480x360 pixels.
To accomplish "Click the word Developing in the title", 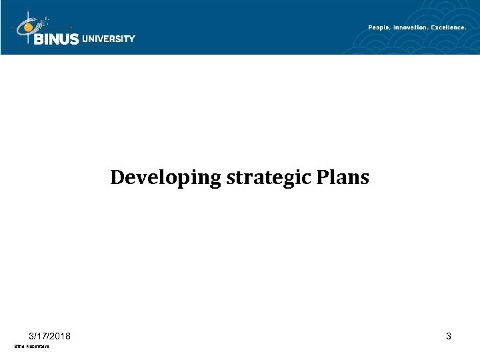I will tap(151, 179).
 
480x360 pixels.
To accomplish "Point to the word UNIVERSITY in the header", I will tap(109, 39).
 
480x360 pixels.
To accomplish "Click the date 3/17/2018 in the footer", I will tap(51, 336).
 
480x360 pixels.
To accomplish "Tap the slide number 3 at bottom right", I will tap(449, 336).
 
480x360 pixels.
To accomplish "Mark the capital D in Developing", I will tap(116, 178).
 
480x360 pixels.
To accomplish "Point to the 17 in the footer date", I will tap(41, 336).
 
